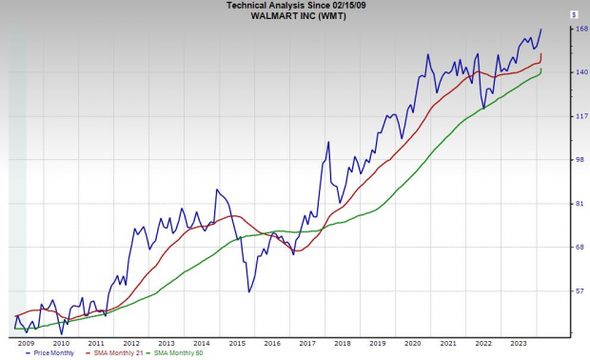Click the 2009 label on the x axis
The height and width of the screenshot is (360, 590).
pos(26,342)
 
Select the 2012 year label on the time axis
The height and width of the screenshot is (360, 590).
pos(131,342)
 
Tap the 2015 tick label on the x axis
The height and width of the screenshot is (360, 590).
pos(237,342)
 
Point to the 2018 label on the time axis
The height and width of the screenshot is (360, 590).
pos(343,342)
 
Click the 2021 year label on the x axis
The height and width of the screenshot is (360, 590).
pos(448,342)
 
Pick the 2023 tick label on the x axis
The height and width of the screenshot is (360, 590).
pos(519,342)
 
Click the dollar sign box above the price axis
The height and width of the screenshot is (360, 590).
pos(574,14)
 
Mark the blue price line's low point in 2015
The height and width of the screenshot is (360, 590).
pos(249,291)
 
